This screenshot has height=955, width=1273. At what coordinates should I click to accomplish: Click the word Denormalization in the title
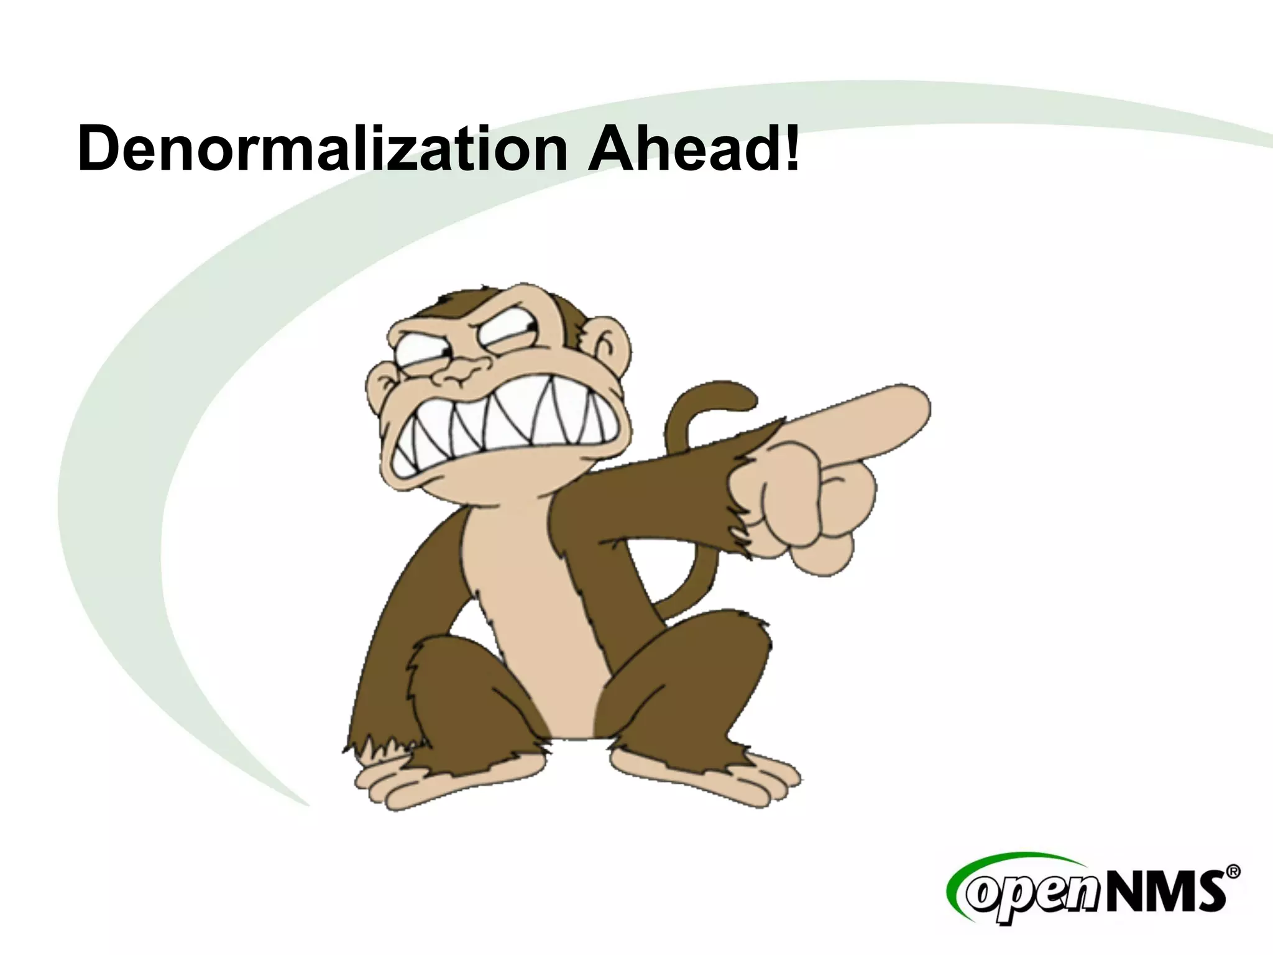(322, 149)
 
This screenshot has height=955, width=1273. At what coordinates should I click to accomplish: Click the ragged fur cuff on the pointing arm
(740, 504)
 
